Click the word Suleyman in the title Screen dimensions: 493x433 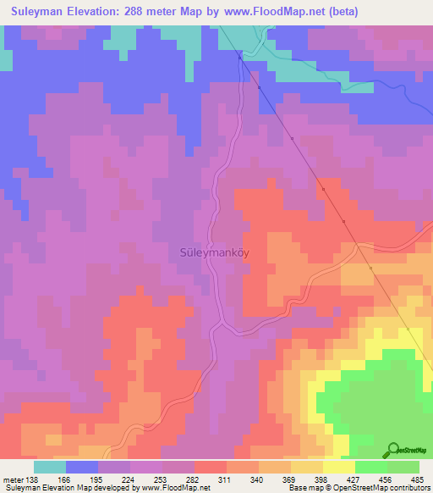pos(41,12)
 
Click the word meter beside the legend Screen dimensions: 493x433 pos(13,480)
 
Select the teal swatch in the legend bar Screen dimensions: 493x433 pos(49,467)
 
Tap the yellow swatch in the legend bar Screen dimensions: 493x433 pos(338,467)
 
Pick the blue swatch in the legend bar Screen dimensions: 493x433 pos(81,467)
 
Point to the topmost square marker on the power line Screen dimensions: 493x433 pos(240,58)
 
